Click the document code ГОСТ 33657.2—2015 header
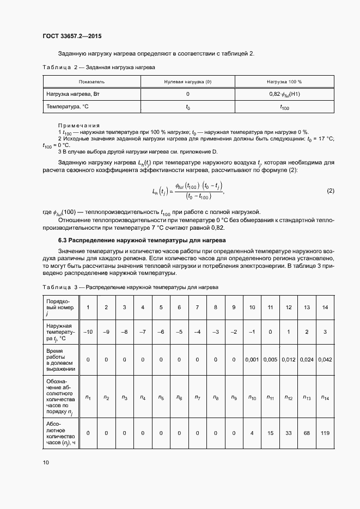click(x=72, y=36)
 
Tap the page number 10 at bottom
click(x=46, y=462)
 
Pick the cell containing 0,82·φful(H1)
click(x=284, y=94)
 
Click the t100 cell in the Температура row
click(x=284, y=107)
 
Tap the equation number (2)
click(x=330, y=191)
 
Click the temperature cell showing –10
click(x=88, y=332)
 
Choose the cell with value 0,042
click(x=325, y=359)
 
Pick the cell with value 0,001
click(x=252, y=359)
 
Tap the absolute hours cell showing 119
click(x=325, y=433)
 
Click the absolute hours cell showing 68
click(x=307, y=433)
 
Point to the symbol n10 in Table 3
click(x=252, y=397)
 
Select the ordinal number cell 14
click(x=325, y=308)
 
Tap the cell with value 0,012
click(x=289, y=359)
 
